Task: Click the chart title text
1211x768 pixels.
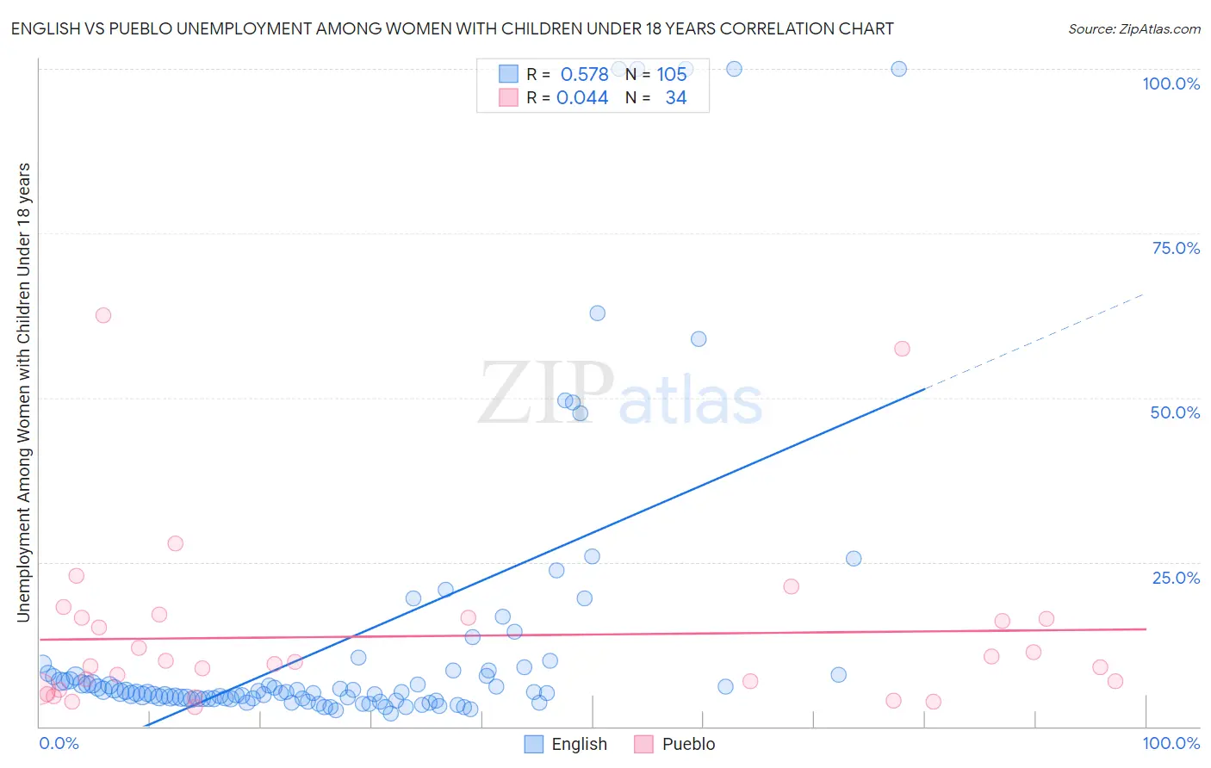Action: tap(452, 28)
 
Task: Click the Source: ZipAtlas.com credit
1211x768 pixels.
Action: tap(1133, 28)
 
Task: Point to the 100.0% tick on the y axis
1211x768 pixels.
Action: tap(1171, 84)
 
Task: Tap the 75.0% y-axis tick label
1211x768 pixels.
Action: tap(1176, 248)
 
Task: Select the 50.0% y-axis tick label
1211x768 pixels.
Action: tap(1175, 412)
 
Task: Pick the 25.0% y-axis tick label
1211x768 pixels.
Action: tap(1176, 578)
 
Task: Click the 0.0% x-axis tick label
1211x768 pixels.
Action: tap(59, 743)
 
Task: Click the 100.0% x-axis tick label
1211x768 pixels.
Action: tap(1171, 743)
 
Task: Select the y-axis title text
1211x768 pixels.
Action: tap(23, 392)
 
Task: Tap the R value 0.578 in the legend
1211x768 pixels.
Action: tap(584, 74)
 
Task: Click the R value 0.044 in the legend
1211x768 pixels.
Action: tap(582, 97)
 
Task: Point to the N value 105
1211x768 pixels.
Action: tap(672, 74)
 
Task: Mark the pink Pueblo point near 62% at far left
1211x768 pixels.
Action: tap(103, 315)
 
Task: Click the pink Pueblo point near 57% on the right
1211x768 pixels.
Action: tap(902, 349)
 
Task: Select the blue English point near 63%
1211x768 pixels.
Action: tap(597, 313)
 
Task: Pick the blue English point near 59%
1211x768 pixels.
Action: tap(699, 339)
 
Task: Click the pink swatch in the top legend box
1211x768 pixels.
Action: tap(508, 97)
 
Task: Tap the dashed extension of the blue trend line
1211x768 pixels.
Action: tap(1034, 341)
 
